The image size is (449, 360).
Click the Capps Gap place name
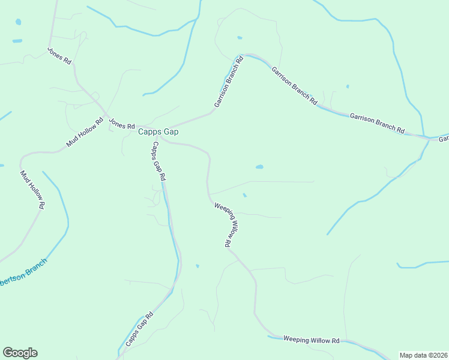[158, 132]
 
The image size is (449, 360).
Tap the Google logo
[20, 353]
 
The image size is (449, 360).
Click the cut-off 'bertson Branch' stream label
[23, 274]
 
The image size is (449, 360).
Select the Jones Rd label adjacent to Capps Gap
[122, 125]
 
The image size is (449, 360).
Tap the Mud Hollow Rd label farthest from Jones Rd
[32, 190]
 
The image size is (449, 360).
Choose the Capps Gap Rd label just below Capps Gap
[158, 161]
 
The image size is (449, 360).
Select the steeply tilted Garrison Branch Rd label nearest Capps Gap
[229, 82]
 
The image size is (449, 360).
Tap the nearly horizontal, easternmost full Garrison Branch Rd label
[377, 122]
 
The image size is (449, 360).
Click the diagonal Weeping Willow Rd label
[228, 224]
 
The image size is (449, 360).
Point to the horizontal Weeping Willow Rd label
[311, 340]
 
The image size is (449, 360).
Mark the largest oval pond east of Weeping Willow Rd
[259, 167]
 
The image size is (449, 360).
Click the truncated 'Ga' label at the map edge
[443, 139]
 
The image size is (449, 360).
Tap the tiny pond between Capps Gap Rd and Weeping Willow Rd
[197, 266]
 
